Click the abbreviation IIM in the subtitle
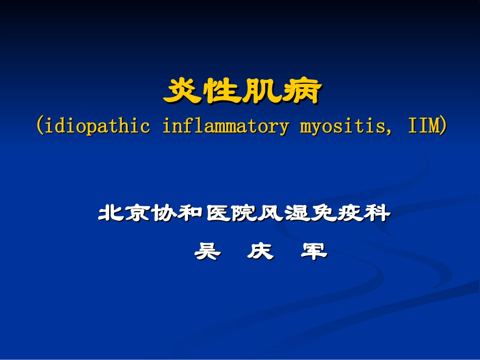[423, 126]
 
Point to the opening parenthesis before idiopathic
[39, 126]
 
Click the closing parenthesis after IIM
[443, 126]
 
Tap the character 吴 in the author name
[207, 251]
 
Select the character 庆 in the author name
[260, 251]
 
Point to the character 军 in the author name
[314, 251]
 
